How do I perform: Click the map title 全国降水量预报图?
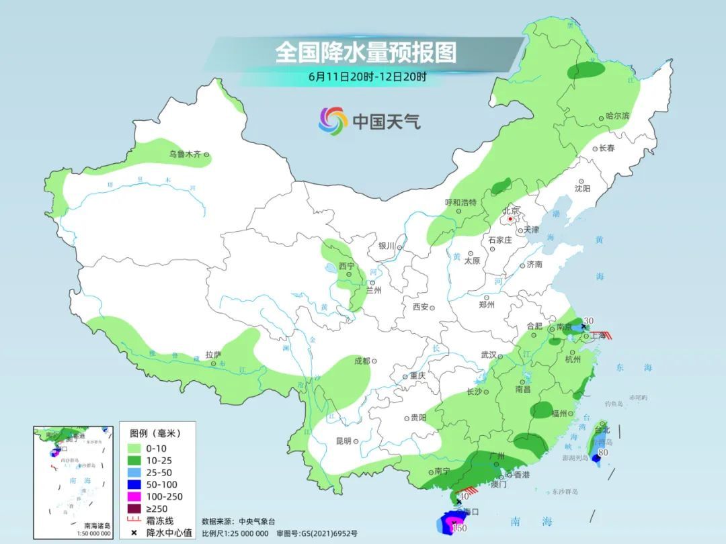[x=366, y=52]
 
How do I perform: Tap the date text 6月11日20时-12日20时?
[x=367, y=77]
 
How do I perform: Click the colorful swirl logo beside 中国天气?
[x=333, y=121]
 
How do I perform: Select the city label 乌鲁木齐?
[x=185, y=154]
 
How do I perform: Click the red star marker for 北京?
[x=511, y=219]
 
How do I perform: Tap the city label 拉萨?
[x=213, y=354]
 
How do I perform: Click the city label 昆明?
[x=343, y=441]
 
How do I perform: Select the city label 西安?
[x=420, y=307]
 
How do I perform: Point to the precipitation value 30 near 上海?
[x=589, y=320]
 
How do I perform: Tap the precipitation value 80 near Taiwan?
[x=603, y=452]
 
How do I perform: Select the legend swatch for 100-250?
[x=134, y=497]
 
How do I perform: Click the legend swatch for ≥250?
[x=134, y=509]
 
